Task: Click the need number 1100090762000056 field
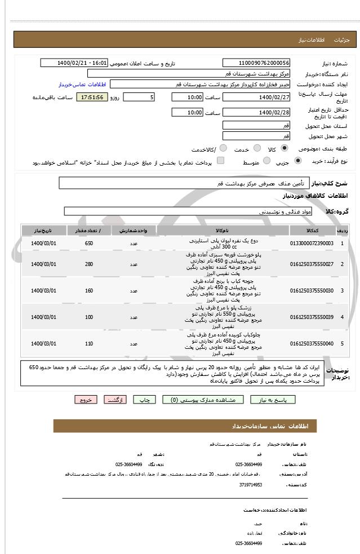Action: pos(256,63)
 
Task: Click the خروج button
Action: pos(86,400)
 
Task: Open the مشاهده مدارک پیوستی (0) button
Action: pos(203,400)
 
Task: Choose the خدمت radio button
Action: pos(256,148)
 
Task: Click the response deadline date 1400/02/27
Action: pos(256,97)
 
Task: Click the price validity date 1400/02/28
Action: pos(256,113)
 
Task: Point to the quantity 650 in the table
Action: pos(89,243)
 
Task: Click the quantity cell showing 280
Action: pos(89,264)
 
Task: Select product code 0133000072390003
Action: pos(312,243)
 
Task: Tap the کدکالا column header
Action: pos(312,231)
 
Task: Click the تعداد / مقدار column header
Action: pos(89,231)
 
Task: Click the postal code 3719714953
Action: pos(248,484)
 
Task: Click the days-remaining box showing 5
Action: pos(139,97)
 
